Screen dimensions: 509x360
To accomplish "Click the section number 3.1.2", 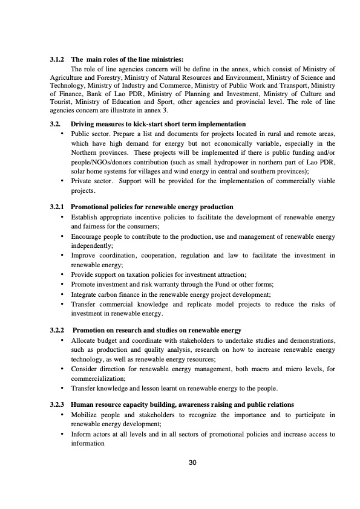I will coord(58,59).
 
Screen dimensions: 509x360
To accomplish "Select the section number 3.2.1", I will coord(58,207).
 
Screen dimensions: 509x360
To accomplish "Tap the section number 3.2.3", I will coord(58,404).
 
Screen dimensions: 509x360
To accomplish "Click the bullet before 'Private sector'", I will coord(63,181).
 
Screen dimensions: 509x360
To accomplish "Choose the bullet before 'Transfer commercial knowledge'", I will coord(63,305).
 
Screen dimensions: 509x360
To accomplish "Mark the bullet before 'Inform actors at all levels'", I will coord(63,433).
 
